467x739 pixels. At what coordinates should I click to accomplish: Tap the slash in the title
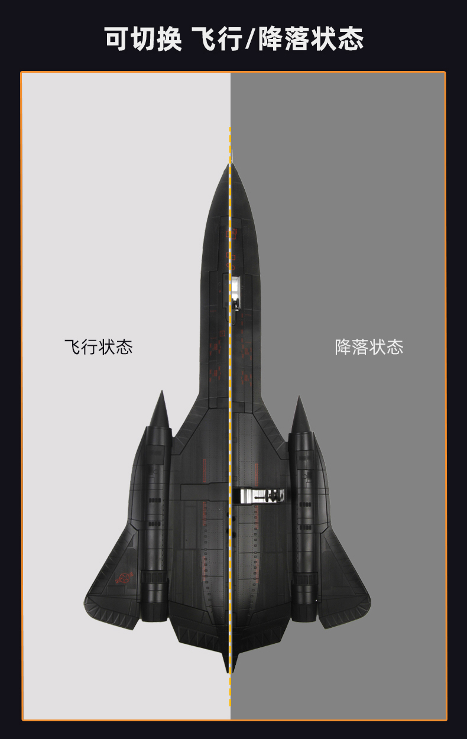coord(248,38)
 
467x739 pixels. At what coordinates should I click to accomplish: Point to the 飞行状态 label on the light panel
coord(98,346)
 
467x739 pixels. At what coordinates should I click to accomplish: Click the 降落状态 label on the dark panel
coord(369,346)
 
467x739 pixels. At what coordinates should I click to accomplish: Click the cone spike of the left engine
coord(160,408)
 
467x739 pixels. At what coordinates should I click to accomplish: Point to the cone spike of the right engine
coord(300,413)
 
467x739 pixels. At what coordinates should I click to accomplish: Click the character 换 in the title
coord(168,38)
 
